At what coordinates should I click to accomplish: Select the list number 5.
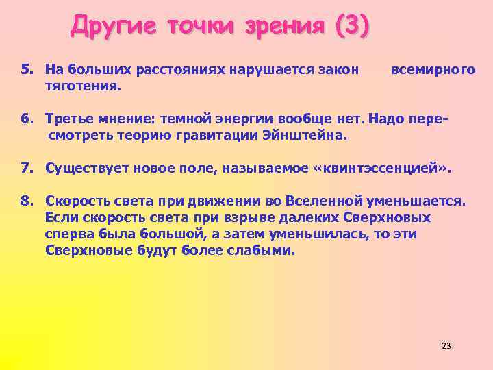pyautogui.click(x=26, y=69)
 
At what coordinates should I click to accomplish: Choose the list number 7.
pyautogui.click(x=26, y=168)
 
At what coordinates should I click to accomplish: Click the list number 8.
pyautogui.click(x=26, y=201)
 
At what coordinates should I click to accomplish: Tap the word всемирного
pyautogui.click(x=433, y=69)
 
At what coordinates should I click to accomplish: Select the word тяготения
pyautogui.click(x=83, y=86)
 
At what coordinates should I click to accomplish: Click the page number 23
pyautogui.click(x=446, y=345)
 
